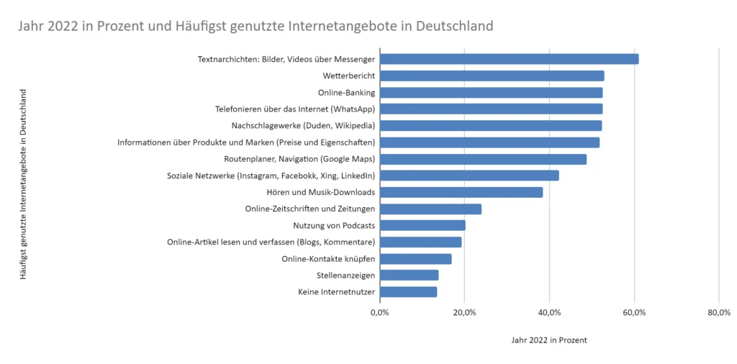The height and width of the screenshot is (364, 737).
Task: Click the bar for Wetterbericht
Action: (x=492, y=76)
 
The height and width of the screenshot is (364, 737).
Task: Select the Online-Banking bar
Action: (x=491, y=92)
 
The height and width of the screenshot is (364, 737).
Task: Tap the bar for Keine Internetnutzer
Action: (x=408, y=291)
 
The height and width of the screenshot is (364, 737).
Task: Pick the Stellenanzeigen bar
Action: (x=409, y=275)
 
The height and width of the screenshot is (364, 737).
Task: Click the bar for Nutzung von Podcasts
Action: (x=422, y=225)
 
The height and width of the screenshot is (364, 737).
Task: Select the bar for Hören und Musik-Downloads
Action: (x=461, y=192)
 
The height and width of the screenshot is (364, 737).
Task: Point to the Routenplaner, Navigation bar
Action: (x=483, y=159)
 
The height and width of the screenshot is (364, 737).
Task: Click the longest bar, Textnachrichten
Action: (x=509, y=59)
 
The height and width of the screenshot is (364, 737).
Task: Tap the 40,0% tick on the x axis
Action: (x=549, y=312)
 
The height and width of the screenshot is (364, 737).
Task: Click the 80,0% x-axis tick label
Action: (x=718, y=312)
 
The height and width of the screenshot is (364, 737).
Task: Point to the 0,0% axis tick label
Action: (x=379, y=312)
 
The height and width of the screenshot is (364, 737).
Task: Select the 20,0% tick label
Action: (x=464, y=312)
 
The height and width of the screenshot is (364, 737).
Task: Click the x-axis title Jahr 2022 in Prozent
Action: (x=549, y=340)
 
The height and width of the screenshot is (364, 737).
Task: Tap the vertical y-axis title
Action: (x=23, y=183)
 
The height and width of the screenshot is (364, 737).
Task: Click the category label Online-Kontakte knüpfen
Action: (x=327, y=258)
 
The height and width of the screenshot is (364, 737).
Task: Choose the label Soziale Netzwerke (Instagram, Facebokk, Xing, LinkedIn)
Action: (x=271, y=176)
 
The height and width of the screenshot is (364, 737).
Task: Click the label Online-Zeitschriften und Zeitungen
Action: (x=309, y=209)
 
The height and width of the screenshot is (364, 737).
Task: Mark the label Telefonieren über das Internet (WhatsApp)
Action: (x=295, y=109)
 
